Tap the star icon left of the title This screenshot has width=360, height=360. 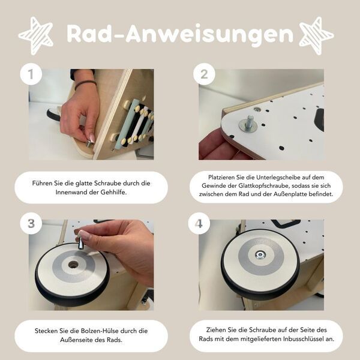click(36, 35)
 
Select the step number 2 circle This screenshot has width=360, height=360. click(204, 74)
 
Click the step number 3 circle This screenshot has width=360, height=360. click(31, 224)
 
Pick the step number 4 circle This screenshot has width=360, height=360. click(199, 224)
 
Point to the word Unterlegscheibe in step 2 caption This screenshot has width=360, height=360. click(275, 177)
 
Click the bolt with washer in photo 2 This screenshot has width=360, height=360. click(249, 125)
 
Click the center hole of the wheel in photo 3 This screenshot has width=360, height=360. click(73, 264)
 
